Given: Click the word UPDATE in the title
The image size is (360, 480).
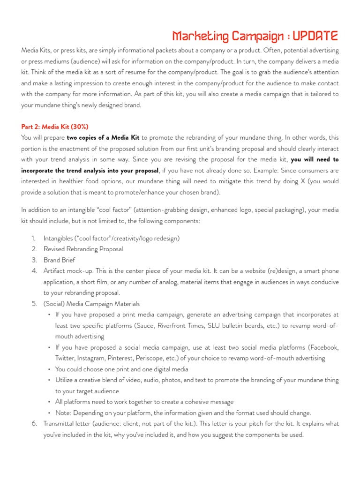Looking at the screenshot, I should pyautogui.click(x=315, y=36).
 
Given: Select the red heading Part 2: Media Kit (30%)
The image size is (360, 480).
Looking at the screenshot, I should pyautogui.click(x=55, y=127).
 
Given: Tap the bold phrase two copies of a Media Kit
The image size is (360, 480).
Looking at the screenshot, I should pyautogui.click(x=103, y=137).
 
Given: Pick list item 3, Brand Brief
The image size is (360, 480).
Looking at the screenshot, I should pyautogui.click(x=59, y=260).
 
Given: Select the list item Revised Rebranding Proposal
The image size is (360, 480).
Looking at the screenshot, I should pyautogui.click(x=83, y=249).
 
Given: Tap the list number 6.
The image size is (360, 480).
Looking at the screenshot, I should pyautogui.click(x=34, y=424).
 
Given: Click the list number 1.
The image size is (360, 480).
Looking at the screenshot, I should pyautogui.click(x=34, y=239).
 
